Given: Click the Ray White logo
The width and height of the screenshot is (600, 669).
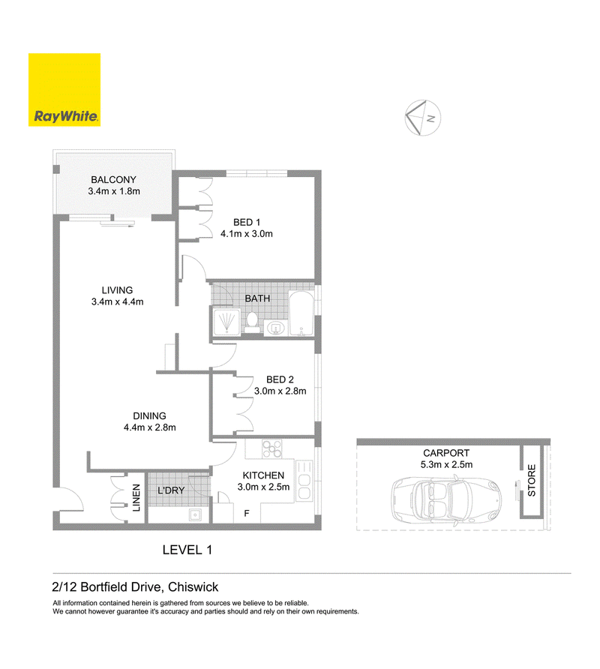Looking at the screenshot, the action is [x=64, y=89].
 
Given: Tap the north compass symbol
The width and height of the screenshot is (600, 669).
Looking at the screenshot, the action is [x=422, y=118].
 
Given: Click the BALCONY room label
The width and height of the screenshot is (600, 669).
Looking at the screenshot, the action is [x=113, y=179].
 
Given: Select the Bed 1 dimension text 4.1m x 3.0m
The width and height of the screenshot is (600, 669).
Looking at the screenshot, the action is [x=247, y=234].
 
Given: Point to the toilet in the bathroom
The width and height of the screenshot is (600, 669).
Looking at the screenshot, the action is [x=252, y=322].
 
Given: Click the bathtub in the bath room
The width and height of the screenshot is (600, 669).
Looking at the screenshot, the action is [x=301, y=313].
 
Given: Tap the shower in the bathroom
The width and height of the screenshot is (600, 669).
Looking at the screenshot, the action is [x=226, y=321].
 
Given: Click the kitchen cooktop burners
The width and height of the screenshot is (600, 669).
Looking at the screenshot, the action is [x=271, y=448].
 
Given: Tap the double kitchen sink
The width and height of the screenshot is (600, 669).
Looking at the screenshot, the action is [x=304, y=481].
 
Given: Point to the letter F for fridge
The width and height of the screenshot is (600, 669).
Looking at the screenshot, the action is [x=247, y=514].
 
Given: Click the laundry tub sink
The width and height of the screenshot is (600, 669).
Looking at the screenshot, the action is [x=195, y=515].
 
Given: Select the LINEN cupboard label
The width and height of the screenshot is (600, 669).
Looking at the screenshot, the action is [x=136, y=498].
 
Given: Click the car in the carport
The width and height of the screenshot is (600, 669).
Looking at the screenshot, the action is [x=446, y=500].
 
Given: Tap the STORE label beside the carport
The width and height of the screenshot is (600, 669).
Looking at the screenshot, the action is [x=532, y=481].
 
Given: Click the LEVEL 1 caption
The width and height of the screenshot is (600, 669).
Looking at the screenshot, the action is [x=187, y=550].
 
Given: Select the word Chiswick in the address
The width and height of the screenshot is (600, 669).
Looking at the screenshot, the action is [x=193, y=587].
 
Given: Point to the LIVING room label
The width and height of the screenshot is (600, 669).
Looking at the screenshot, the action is [x=117, y=290].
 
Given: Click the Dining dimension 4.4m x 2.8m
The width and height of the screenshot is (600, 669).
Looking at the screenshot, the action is [x=150, y=427].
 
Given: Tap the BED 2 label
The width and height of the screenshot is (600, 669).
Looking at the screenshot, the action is [x=280, y=379].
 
